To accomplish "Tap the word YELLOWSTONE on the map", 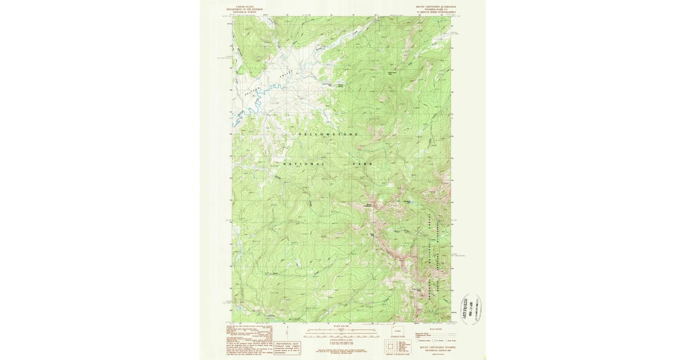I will point(328,134).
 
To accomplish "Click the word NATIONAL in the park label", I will point(304,165).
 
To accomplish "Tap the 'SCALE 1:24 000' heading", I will point(337,325).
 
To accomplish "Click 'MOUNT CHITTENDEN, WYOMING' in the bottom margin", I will point(437,348).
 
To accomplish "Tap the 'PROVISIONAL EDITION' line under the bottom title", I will point(437,351).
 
